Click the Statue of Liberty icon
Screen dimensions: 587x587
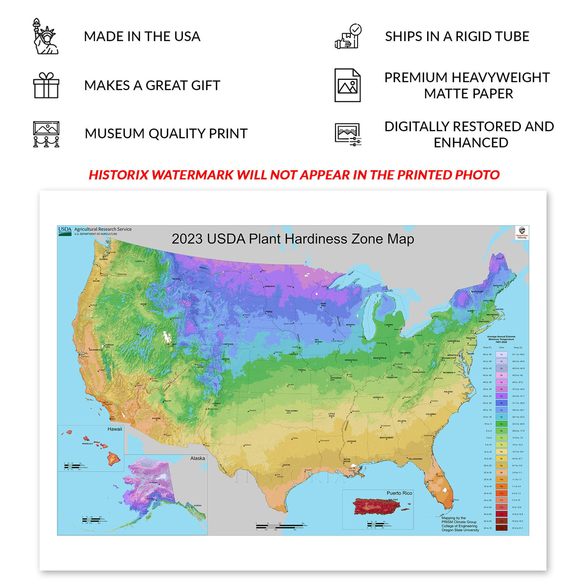[x=45, y=36]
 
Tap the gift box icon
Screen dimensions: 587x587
[x=46, y=86]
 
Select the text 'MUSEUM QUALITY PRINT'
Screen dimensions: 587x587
[x=166, y=134]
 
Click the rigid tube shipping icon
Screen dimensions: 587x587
[x=348, y=37]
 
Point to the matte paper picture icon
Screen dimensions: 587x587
[x=347, y=86]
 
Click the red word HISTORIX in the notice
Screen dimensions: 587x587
[x=119, y=175]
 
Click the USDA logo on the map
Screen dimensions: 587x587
[x=65, y=230]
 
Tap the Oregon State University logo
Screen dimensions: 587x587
[x=522, y=232]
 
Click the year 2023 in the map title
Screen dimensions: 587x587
[x=187, y=239]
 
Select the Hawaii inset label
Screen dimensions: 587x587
[x=114, y=429]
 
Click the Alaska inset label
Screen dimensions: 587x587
[x=198, y=458]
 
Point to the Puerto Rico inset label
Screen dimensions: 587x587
[x=399, y=493]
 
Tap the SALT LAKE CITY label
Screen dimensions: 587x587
[x=171, y=345]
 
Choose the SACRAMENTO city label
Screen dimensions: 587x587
[x=96, y=350]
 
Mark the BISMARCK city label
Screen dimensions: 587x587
[x=270, y=287]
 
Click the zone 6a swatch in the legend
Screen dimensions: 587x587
[x=501, y=424]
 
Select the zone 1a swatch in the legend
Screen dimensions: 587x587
[x=501, y=354]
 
